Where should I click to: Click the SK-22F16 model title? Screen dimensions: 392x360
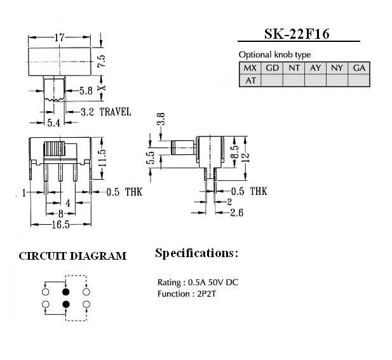pyautogui.click(x=297, y=34)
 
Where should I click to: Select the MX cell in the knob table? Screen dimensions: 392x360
pyautogui.click(x=250, y=68)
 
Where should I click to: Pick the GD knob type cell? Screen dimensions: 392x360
pyautogui.click(x=272, y=68)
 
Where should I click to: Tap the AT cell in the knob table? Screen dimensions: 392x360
pyautogui.click(x=250, y=81)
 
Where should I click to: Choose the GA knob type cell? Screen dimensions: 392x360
pyautogui.click(x=359, y=68)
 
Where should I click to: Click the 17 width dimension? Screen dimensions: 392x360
pyautogui.click(x=60, y=37)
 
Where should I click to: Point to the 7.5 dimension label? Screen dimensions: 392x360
pyautogui.click(x=101, y=61)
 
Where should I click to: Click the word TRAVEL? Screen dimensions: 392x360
pyautogui.click(x=115, y=112)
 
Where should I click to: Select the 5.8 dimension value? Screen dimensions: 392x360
pyautogui.click(x=86, y=91)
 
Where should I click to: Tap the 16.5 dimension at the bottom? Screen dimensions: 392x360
pyautogui.click(x=61, y=225)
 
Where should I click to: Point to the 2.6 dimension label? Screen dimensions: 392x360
pyautogui.click(x=236, y=213)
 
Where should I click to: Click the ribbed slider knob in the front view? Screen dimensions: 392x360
pyautogui.click(x=54, y=149)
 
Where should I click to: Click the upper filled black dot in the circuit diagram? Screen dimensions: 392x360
pyautogui.click(x=65, y=291)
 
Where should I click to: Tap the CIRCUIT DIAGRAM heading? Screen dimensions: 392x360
pyautogui.click(x=72, y=256)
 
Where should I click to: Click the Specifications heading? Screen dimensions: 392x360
pyautogui.click(x=196, y=253)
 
